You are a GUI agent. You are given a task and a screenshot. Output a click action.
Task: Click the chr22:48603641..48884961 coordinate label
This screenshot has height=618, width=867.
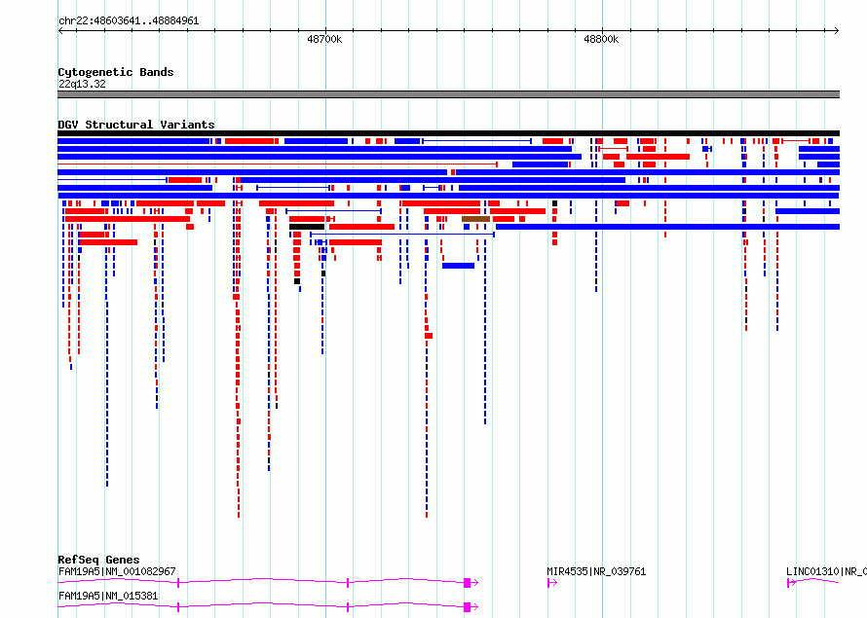pyautogui.click(x=129, y=21)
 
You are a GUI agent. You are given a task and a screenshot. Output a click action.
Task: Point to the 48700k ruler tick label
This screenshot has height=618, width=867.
pyautogui.click(x=324, y=39)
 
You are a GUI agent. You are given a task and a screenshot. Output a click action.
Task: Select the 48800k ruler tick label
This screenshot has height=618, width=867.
pyautogui.click(x=601, y=39)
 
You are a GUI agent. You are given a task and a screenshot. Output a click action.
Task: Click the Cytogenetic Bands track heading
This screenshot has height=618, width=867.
pyautogui.click(x=116, y=72)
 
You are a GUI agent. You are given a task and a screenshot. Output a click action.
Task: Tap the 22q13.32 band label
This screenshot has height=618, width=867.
pyautogui.click(x=82, y=84)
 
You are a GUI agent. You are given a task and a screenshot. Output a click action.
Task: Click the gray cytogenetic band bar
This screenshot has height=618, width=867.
pyautogui.click(x=448, y=94)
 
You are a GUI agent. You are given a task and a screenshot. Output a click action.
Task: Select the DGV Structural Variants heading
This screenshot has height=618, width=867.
pyautogui.click(x=136, y=125)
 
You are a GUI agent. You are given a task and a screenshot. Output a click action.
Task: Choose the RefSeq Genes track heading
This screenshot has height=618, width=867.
pyautogui.click(x=98, y=560)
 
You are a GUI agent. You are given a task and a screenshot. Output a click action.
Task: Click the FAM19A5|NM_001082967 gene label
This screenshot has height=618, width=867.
pyautogui.click(x=117, y=571)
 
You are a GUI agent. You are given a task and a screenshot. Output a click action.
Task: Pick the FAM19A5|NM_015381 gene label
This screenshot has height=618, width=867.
pyautogui.click(x=108, y=596)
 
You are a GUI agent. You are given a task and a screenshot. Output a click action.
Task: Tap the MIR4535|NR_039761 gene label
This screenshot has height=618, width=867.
pyautogui.click(x=596, y=571)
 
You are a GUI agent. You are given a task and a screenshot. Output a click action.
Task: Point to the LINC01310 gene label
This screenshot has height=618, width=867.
pyautogui.click(x=826, y=571)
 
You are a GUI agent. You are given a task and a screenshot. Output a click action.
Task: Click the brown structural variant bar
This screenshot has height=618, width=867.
pyautogui.click(x=475, y=219)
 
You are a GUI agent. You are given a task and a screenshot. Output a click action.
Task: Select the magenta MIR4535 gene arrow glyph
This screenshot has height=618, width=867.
pyautogui.click(x=551, y=583)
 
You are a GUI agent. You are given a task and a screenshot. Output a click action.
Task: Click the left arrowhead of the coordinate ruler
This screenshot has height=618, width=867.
pyautogui.click(x=59, y=31)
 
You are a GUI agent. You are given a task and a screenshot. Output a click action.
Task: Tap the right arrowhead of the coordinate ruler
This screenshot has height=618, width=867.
pyautogui.click(x=837, y=31)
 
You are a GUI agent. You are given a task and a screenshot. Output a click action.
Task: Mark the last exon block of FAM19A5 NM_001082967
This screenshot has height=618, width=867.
pyautogui.click(x=468, y=583)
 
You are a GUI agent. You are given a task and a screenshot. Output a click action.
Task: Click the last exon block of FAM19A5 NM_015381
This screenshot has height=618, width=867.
pyautogui.click(x=468, y=607)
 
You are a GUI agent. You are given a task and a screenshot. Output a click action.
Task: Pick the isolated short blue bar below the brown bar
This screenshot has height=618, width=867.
pyautogui.click(x=459, y=266)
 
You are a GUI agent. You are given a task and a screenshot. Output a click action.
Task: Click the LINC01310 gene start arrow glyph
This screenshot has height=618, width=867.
pyautogui.click(x=791, y=583)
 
